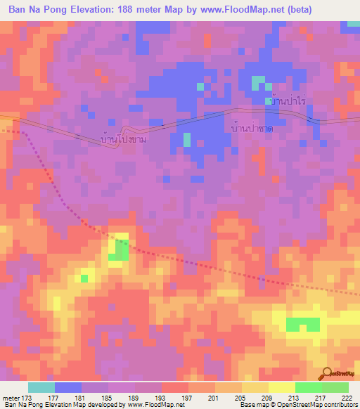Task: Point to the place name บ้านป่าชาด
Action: tap(252, 129)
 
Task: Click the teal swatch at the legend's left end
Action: tap(41, 387)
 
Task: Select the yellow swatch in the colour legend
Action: tap(281, 387)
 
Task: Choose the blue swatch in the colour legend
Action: tap(67, 387)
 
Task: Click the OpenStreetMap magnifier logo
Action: tap(328, 373)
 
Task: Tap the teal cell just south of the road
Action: tap(187, 139)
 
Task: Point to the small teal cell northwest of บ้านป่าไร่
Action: tap(257, 84)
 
